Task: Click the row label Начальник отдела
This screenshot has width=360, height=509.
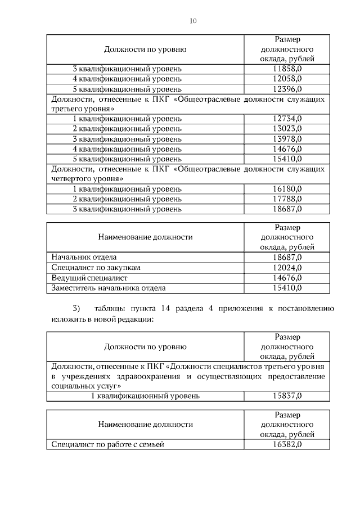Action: [84, 258]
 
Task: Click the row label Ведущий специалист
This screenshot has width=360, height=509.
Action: [89, 278]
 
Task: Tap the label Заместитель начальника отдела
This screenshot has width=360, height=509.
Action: [108, 288]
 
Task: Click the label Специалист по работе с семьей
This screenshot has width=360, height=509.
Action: [107, 444]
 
